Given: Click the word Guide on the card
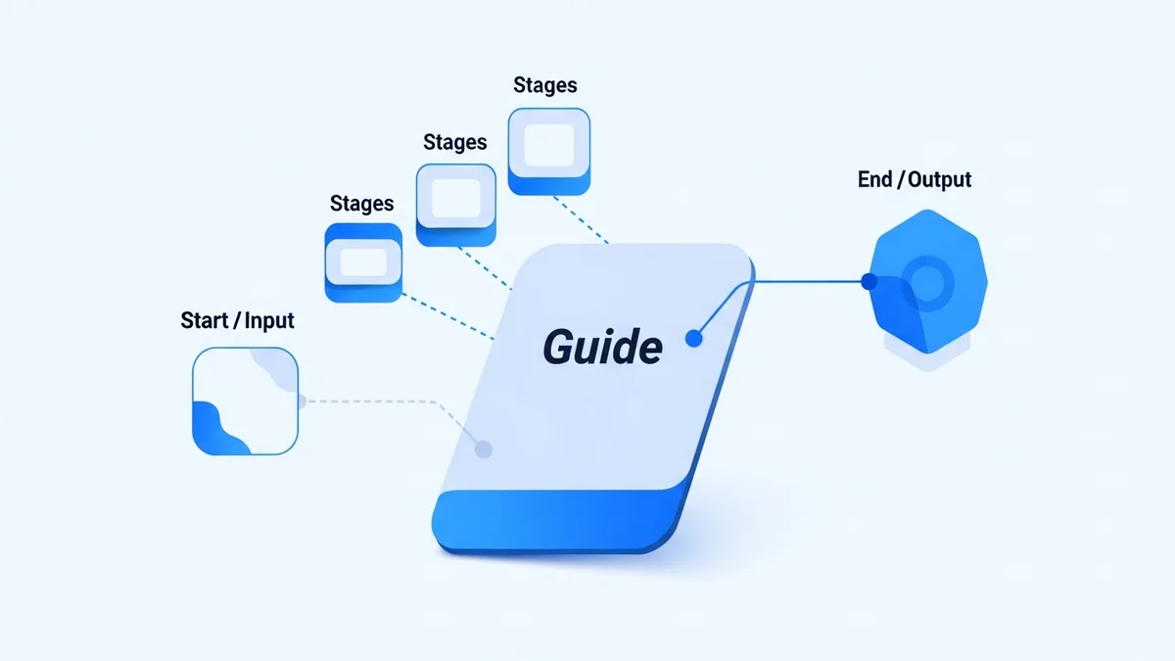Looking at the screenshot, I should tap(602, 347).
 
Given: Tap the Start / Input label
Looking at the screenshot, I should tap(237, 320).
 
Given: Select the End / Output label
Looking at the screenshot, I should tap(914, 180).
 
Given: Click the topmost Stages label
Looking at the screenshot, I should tap(544, 85).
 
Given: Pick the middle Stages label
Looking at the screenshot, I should tap(454, 142).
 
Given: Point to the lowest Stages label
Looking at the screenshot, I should tap(361, 204).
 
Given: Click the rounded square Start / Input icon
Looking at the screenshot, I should tap(245, 401).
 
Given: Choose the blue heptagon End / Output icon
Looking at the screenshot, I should tap(927, 284).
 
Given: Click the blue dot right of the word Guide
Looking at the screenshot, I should tap(693, 339).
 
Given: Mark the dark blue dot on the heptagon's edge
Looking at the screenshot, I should tap(868, 282).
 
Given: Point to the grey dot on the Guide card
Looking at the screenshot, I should tap(482, 449).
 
